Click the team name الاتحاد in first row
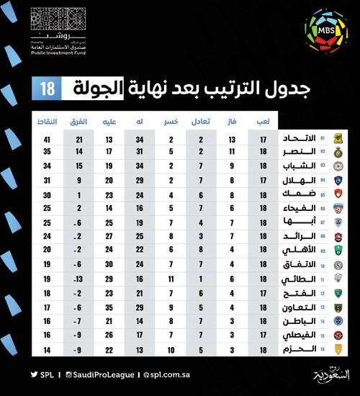295,138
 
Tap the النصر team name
295,152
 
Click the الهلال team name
295,180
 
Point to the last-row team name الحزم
295,350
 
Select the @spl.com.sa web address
167,375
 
